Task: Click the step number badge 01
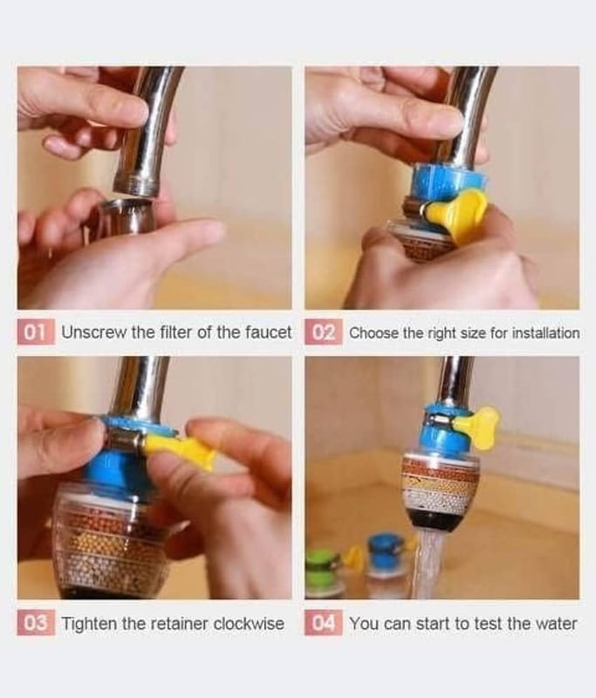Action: pos(36,332)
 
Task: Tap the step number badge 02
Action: pos(324,332)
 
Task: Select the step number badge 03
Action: pos(36,623)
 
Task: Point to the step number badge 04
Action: pos(324,623)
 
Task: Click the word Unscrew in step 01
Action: pos(94,332)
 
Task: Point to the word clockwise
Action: pos(249,623)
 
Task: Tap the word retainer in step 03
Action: pos(181,623)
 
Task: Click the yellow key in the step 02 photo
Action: pos(455,215)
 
